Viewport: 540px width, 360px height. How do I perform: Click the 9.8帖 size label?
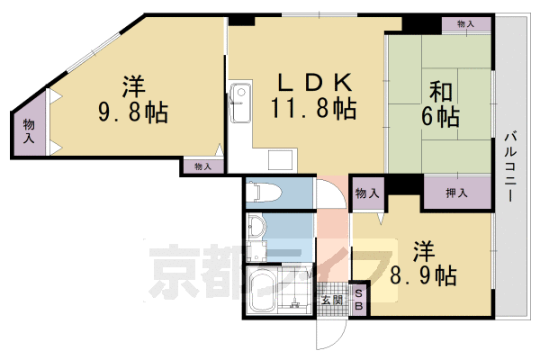pos(133,115)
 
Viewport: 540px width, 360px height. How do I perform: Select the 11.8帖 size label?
pos(312,110)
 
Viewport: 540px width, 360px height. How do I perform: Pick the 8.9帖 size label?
pos(422,273)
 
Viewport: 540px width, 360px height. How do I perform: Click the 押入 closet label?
pos(457,193)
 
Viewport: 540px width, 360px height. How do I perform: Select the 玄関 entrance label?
pos(330,301)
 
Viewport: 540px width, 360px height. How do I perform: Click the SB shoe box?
pos(358,301)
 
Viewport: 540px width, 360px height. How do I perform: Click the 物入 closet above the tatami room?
pos(465,24)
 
